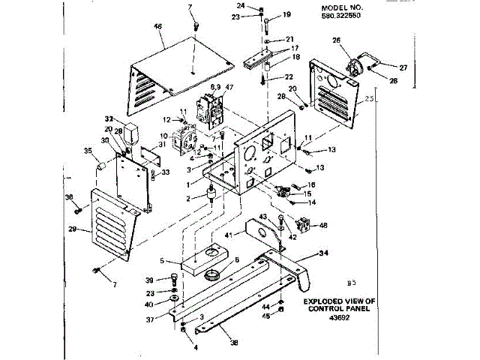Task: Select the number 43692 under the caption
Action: click(x=340, y=316)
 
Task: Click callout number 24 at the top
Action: click(x=251, y=6)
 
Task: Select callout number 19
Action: click(x=286, y=15)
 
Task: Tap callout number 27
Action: click(x=403, y=67)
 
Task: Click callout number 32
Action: click(x=108, y=119)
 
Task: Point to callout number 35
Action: click(x=88, y=151)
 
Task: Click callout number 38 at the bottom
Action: click(x=235, y=343)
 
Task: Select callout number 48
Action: click(x=323, y=225)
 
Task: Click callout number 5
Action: click(x=162, y=261)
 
